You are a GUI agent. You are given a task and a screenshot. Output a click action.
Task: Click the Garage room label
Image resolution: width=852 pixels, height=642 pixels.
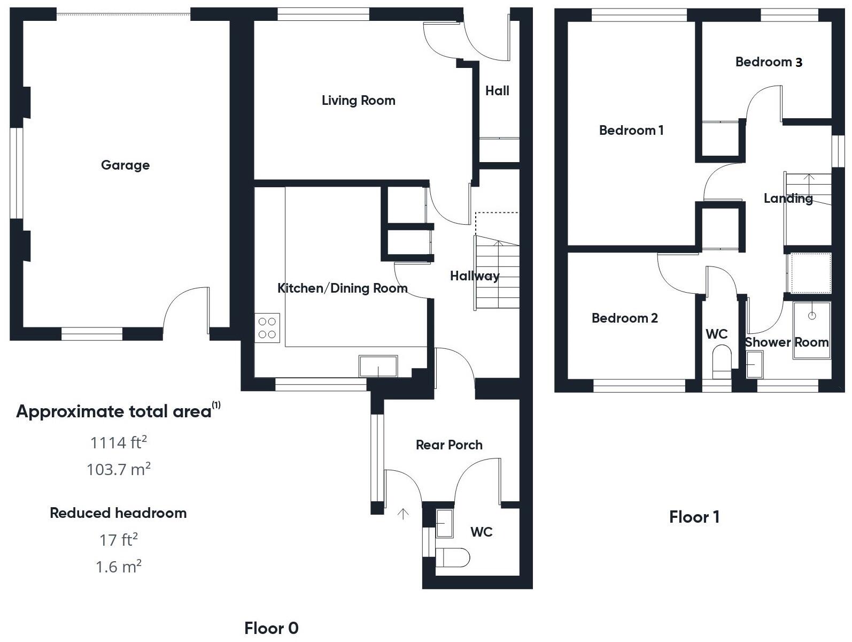pos(125,165)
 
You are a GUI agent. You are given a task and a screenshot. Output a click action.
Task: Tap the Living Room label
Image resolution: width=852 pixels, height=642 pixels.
pos(358,101)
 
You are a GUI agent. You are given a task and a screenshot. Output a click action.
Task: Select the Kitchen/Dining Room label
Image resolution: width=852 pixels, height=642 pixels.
pos(342,288)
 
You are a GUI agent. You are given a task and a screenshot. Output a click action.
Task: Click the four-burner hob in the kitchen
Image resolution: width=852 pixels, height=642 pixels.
pos(267,328)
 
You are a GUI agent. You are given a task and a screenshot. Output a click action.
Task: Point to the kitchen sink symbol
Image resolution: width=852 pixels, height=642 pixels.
pos(378,366)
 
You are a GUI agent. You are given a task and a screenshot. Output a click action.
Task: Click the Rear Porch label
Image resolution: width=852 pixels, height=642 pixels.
pos(449,445)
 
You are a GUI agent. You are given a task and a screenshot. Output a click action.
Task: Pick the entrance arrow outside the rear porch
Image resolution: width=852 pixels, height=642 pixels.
pos(403,514)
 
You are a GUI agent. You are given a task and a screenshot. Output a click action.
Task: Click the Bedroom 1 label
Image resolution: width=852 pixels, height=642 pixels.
pos(631,131)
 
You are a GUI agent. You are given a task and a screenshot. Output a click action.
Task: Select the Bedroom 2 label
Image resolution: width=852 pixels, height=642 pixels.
pos(624,318)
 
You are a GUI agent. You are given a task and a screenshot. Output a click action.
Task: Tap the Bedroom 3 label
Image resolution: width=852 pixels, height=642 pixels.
pos(769,62)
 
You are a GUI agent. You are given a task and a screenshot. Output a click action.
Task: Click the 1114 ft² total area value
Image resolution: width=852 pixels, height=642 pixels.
pos(118,442)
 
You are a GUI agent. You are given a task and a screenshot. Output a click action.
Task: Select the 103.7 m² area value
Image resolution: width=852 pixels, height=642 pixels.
pos(118,469)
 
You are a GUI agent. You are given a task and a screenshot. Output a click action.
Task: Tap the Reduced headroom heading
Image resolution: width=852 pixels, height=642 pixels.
pos(118,513)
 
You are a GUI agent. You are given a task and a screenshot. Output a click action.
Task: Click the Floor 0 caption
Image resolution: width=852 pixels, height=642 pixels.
pos(271,628)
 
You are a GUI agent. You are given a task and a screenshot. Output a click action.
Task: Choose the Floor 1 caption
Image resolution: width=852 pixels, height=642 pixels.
pos(694,517)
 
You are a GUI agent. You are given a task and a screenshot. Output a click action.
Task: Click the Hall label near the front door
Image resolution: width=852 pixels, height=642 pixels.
pos(497,91)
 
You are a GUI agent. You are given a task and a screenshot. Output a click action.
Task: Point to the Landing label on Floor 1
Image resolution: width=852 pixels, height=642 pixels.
pos(788,198)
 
